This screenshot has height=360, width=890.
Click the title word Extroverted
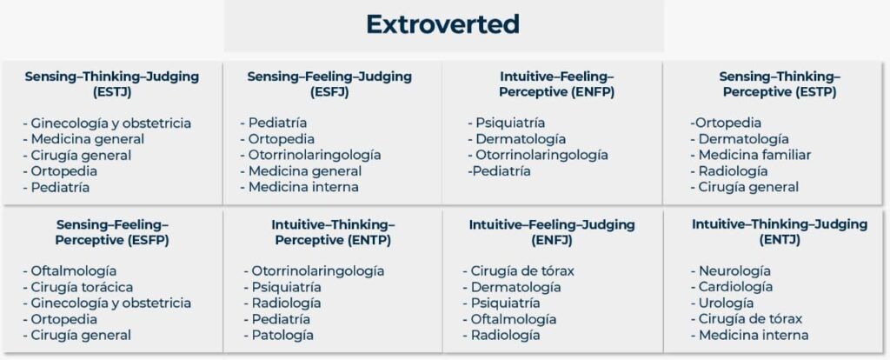[442, 23]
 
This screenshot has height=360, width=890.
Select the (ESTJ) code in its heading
[112, 92]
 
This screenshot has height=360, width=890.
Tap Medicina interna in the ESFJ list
[303, 187]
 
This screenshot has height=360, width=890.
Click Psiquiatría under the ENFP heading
[510, 123]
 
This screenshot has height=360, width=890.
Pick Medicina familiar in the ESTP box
[755, 155]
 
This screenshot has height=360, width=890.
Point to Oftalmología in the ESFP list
[74, 271]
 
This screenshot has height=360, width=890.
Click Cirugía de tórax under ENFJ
[522, 271]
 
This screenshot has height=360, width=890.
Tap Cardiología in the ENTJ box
[735, 287]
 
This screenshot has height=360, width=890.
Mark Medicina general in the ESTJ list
[88, 139]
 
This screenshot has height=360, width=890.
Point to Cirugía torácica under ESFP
[83, 287]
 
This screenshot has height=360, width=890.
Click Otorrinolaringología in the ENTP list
[318, 271]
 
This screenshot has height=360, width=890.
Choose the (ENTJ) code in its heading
[780, 240]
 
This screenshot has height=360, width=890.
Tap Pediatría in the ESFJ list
[277, 123]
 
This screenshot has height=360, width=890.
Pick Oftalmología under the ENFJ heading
[514, 320]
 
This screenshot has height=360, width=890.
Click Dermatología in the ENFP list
[521, 139]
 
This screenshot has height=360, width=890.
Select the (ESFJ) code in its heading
[329, 92]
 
